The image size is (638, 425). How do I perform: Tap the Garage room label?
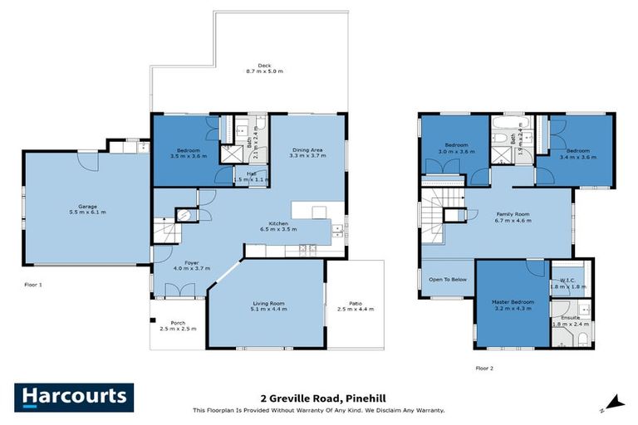pos(92,209)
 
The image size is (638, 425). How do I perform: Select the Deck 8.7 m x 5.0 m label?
pos(264,69)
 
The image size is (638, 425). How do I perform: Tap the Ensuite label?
pos(570,320)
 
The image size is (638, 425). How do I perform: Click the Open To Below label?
pos(447,280)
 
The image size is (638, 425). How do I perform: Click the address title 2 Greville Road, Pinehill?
pos(319,398)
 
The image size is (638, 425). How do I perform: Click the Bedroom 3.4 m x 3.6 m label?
pos(578,154)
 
